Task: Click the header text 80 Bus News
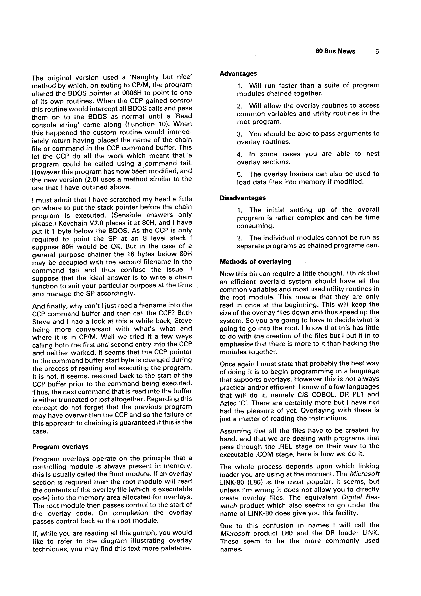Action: pos(335,51)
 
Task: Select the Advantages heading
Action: pos(238,74)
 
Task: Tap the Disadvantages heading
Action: pos(242,198)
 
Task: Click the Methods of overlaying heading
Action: pos(255,261)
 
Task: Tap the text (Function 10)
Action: pos(147,124)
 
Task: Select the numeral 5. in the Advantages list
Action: pos(239,174)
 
